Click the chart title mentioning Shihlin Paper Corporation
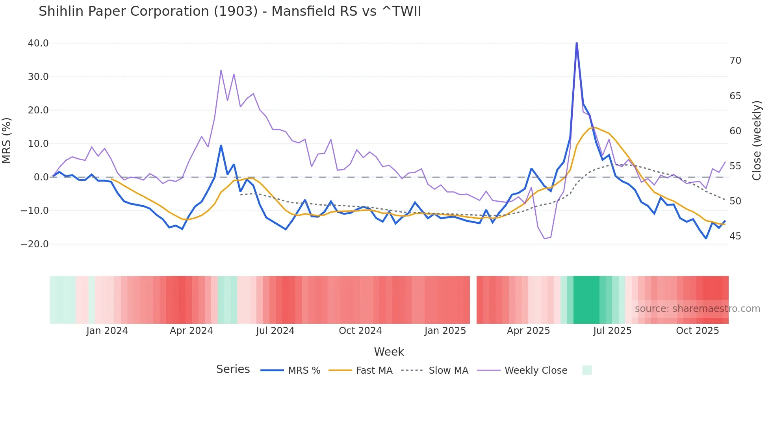tap(230, 11)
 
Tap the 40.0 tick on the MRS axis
tap(38, 43)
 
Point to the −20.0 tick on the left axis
tap(35, 244)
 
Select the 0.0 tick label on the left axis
tap(41, 177)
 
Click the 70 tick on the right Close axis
tap(735, 61)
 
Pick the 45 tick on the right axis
tap(735, 236)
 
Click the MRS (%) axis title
tap(7, 141)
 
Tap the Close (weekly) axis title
tap(757, 141)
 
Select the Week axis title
tap(389, 352)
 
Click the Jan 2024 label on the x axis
tap(107, 331)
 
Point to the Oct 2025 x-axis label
tap(697, 331)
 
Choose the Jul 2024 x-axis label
tap(275, 331)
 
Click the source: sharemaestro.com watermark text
tap(697, 309)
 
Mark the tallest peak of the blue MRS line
tap(577, 43)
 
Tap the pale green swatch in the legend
tap(587, 370)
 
